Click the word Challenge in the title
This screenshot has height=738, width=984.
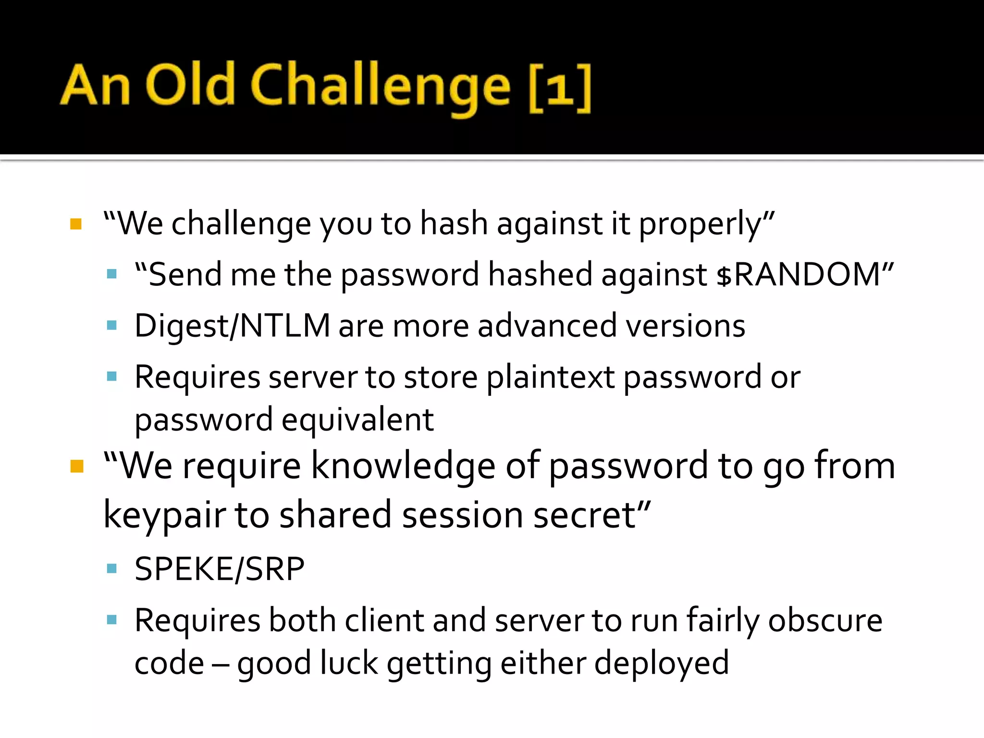point(380,86)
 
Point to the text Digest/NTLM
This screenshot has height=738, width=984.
point(232,326)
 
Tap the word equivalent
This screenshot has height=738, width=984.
point(357,419)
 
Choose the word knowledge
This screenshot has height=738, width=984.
point(404,466)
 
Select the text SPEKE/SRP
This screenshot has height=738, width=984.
point(220,569)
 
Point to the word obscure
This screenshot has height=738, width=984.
point(825,620)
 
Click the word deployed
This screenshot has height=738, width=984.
point(662,663)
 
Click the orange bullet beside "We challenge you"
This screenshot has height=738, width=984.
point(76,224)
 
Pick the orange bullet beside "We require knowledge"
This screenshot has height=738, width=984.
point(77,466)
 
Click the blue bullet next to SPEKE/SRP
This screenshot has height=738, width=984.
point(112,569)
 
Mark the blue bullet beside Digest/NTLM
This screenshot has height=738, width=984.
point(112,326)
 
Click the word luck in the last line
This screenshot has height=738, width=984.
point(349,663)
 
